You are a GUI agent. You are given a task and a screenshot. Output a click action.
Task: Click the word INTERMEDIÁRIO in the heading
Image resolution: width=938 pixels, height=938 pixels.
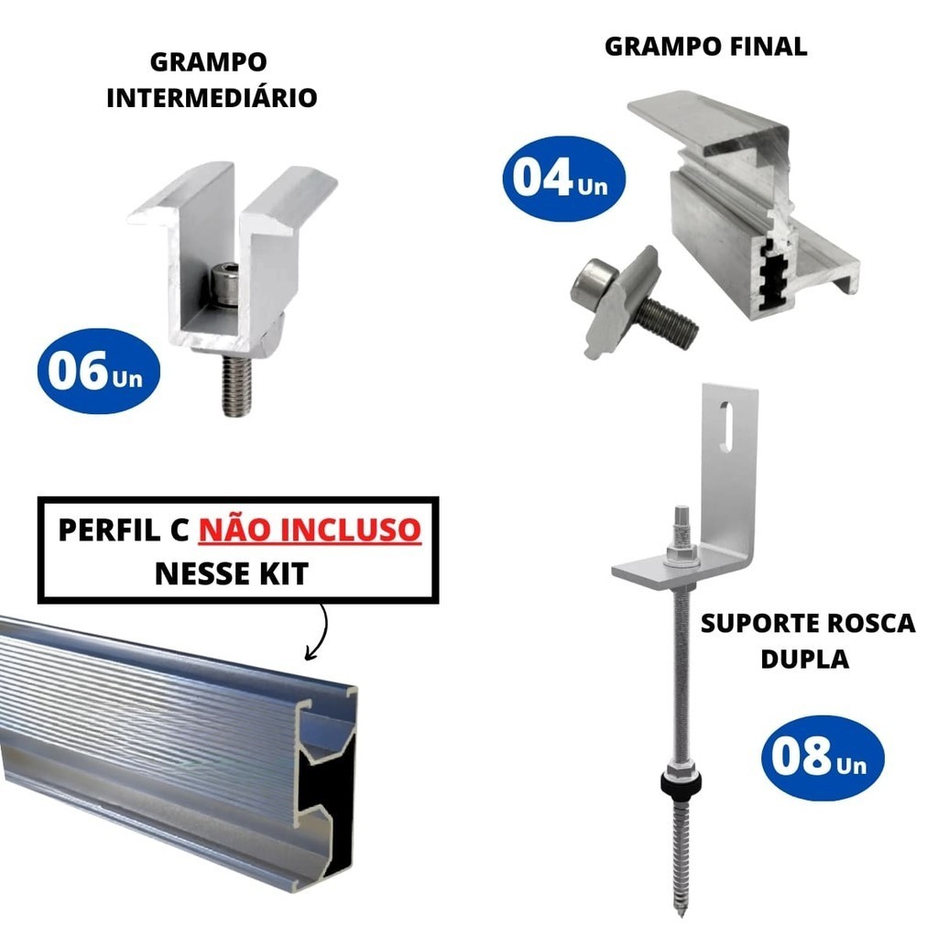click(212, 97)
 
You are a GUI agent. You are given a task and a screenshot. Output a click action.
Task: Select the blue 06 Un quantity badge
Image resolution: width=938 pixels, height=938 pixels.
click(99, 371)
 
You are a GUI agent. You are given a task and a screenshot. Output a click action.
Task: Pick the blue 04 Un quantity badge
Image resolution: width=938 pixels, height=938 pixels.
click(564, 179)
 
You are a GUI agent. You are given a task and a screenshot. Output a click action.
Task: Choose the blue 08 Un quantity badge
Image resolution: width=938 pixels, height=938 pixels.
click(823, 758)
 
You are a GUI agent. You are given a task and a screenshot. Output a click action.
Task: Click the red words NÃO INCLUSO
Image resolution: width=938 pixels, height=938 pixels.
click(310, 530)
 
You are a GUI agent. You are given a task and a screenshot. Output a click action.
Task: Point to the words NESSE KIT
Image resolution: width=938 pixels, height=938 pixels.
click(232, 573)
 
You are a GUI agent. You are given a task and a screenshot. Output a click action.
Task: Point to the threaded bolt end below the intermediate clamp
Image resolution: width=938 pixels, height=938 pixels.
click(235, 386)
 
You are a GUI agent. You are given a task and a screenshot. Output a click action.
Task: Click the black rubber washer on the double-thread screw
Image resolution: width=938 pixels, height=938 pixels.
click(681, 781)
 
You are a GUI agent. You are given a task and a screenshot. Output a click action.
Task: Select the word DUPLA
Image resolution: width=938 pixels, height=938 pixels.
click(804, 659)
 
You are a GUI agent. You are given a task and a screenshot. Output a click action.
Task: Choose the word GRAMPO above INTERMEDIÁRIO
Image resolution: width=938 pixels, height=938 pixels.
click(208, 62)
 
